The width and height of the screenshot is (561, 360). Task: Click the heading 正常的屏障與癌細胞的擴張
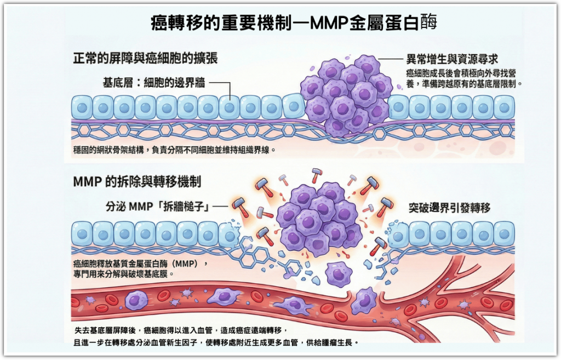pos(145,58)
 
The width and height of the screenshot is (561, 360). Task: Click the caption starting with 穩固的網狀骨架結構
pos(174,150)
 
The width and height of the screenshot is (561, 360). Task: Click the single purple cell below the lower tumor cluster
pos(338,273)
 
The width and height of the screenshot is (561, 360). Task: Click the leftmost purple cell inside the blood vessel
pos(136,300)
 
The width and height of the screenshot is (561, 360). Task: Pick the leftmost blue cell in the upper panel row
pos(82,107)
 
